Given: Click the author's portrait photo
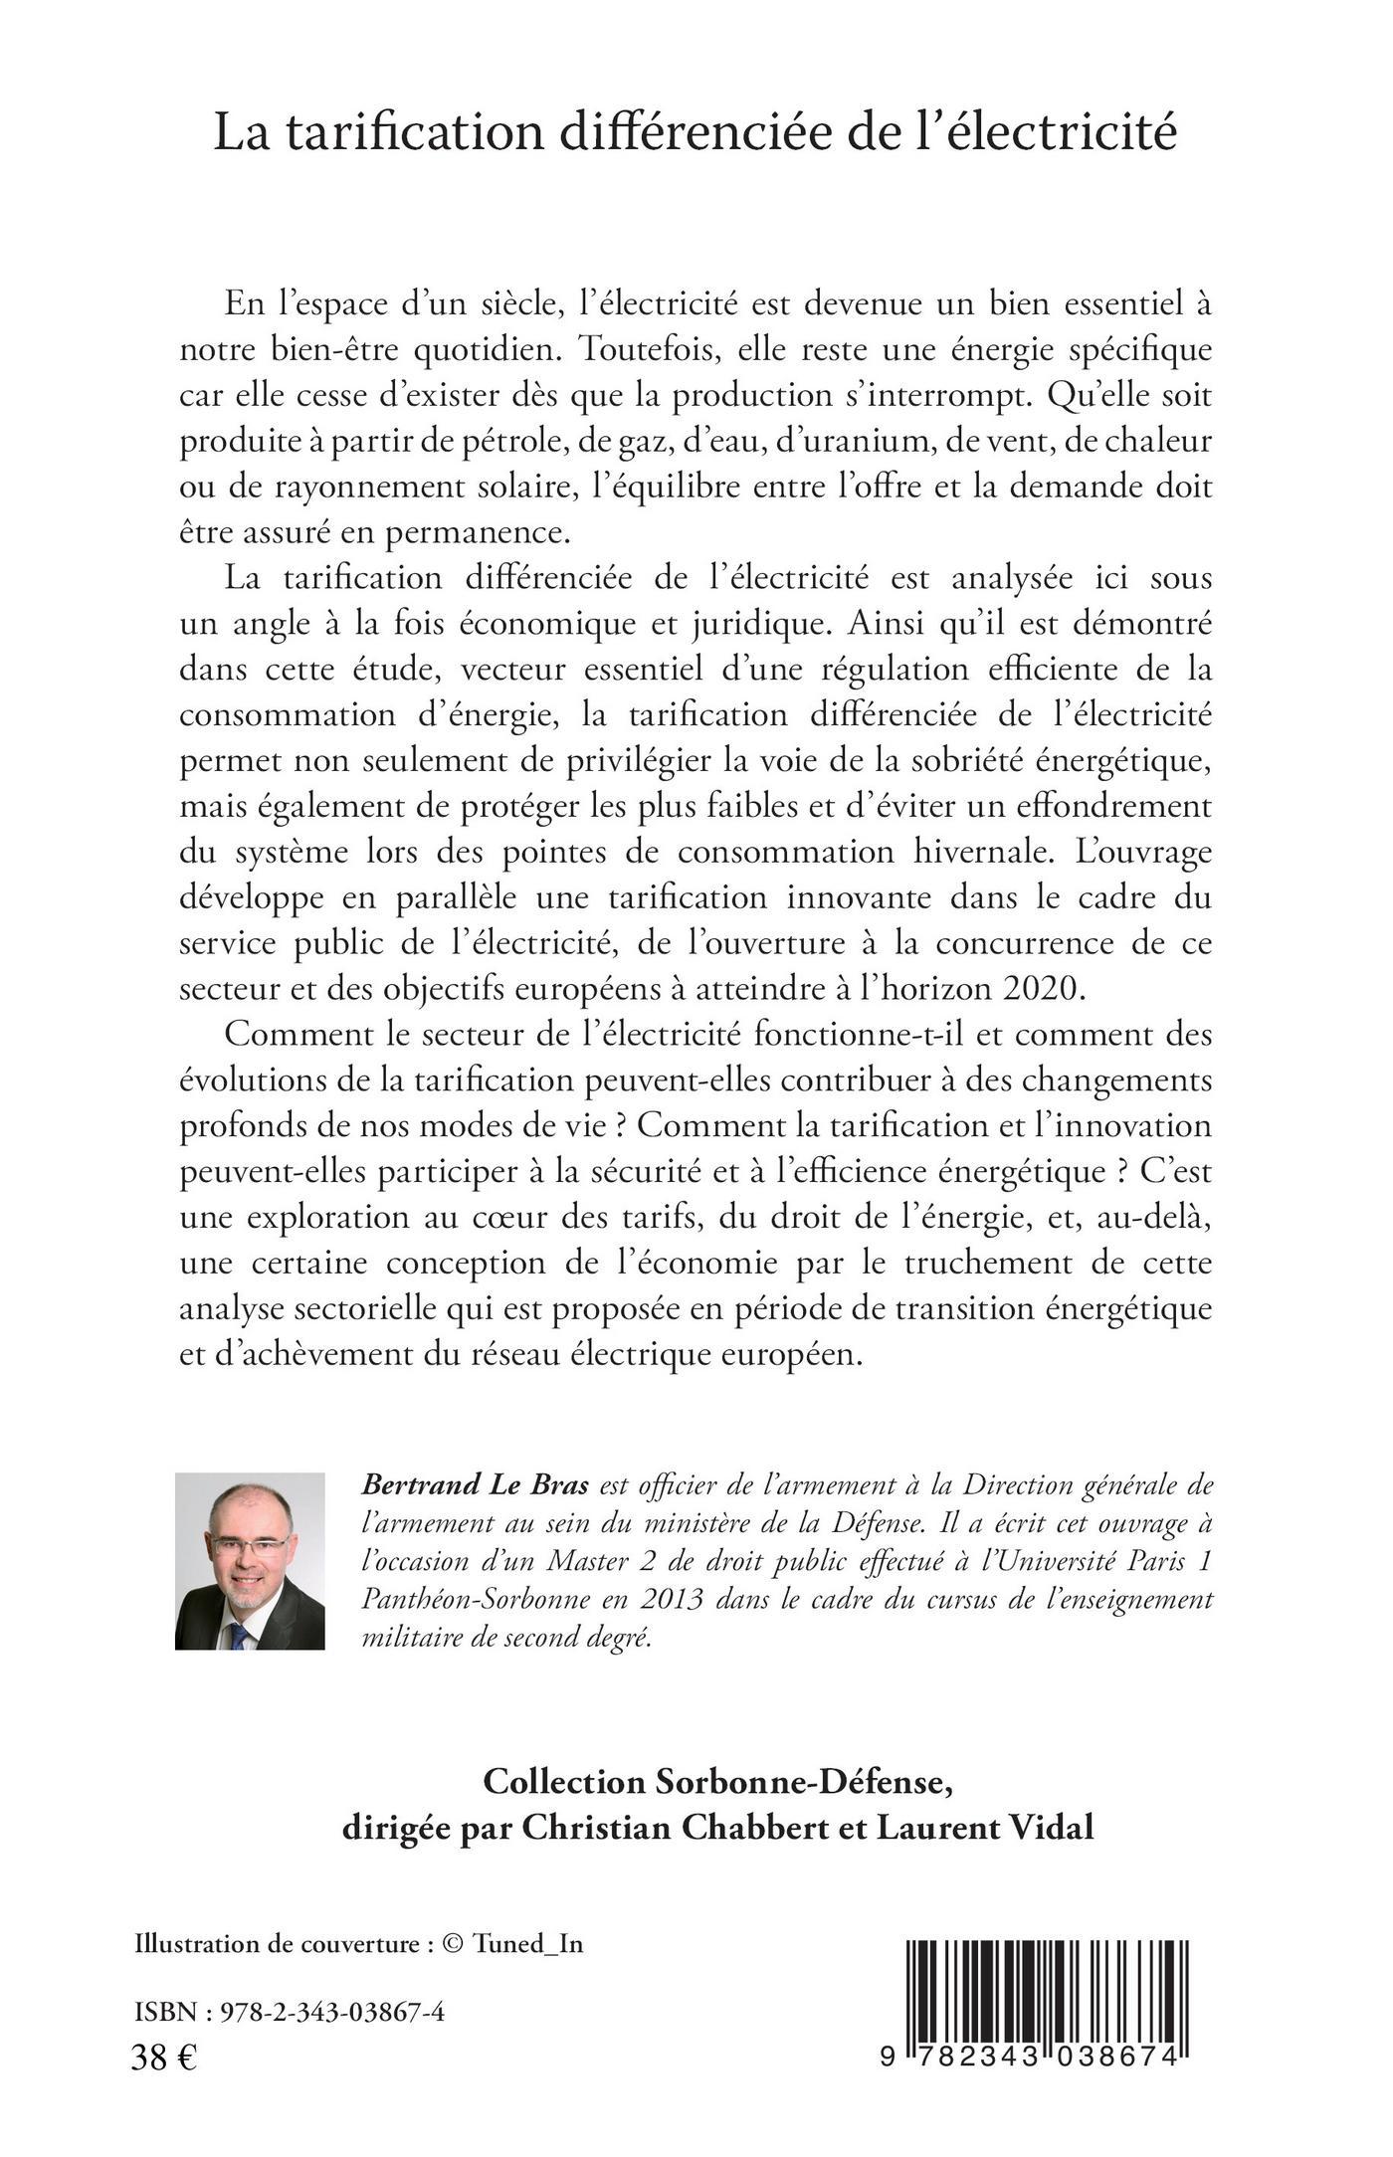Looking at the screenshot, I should click(250, 1561).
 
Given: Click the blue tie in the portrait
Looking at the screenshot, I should click(239, 1632).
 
